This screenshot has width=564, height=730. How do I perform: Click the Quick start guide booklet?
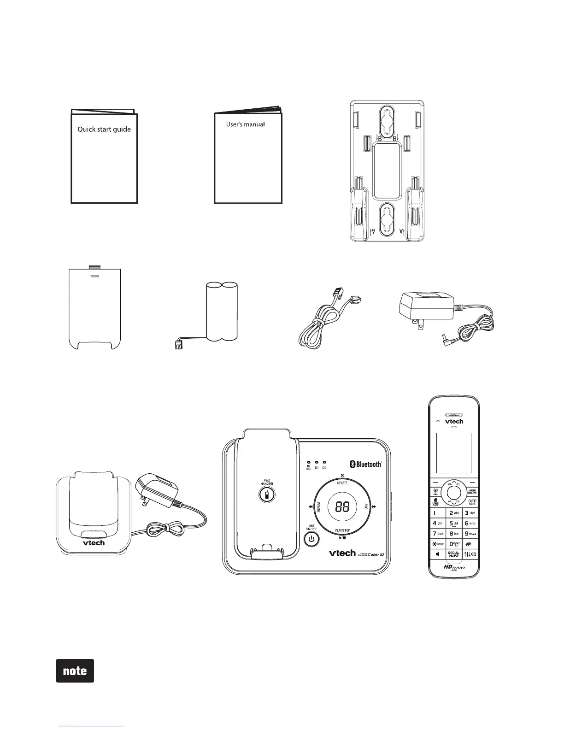click(104, 157)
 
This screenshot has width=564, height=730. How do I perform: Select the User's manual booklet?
click(248, 157)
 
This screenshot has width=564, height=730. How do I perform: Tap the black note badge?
click(75, 671)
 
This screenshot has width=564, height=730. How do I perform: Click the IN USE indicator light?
click(309, 462)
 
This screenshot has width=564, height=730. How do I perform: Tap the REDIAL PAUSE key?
click(454, 554)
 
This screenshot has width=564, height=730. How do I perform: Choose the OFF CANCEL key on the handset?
click(472, 502)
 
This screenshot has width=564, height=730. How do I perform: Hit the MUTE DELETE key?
click(472, 492)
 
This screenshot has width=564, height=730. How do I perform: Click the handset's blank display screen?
click(454, 453)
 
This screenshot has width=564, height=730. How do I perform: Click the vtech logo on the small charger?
click(94, 542)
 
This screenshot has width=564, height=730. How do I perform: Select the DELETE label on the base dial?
click(342, 483)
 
